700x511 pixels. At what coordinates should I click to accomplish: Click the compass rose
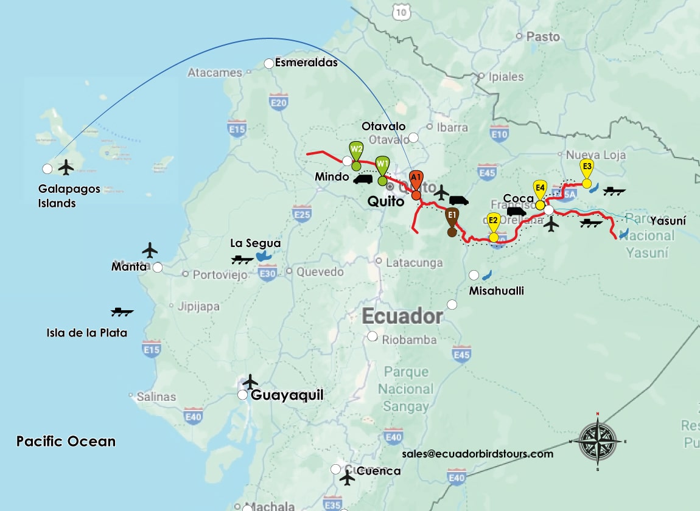coord(597,441)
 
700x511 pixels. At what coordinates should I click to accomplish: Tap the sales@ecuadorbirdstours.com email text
coord(477,454)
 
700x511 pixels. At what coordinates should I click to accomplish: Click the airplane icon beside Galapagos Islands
coord(66,167)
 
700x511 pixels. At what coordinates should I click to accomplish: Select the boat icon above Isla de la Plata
coord(122,312)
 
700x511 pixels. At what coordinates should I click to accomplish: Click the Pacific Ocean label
coord(66,441)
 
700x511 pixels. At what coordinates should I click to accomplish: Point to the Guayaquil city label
coord(287,395)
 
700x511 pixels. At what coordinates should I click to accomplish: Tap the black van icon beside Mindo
coord(363,179)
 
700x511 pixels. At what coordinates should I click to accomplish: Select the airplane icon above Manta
coord(150,250)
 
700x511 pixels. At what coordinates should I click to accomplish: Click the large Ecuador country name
coord(402,316)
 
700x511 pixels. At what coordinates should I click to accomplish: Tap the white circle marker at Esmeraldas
coord(268,63)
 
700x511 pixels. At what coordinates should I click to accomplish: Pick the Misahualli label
coord(496,291)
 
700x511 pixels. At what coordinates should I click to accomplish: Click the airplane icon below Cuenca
coord(347,478)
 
